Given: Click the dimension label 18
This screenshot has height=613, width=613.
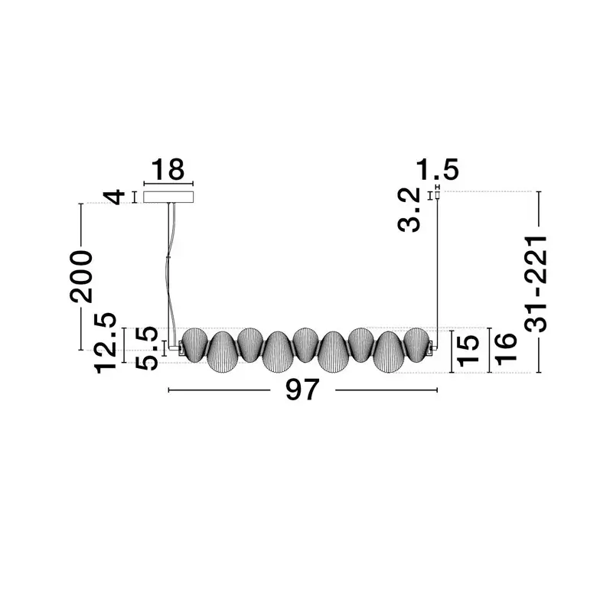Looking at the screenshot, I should pyautogui.click(x=168, y=170).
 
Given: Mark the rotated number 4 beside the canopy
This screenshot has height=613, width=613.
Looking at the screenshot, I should pyautogui.click(x=115, y=197).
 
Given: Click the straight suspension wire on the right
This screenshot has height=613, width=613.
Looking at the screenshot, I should pyautogui.click(x=437, y=268).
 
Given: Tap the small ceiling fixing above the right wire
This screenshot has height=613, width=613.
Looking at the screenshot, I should pyautogui.click(x=437, y=194).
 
